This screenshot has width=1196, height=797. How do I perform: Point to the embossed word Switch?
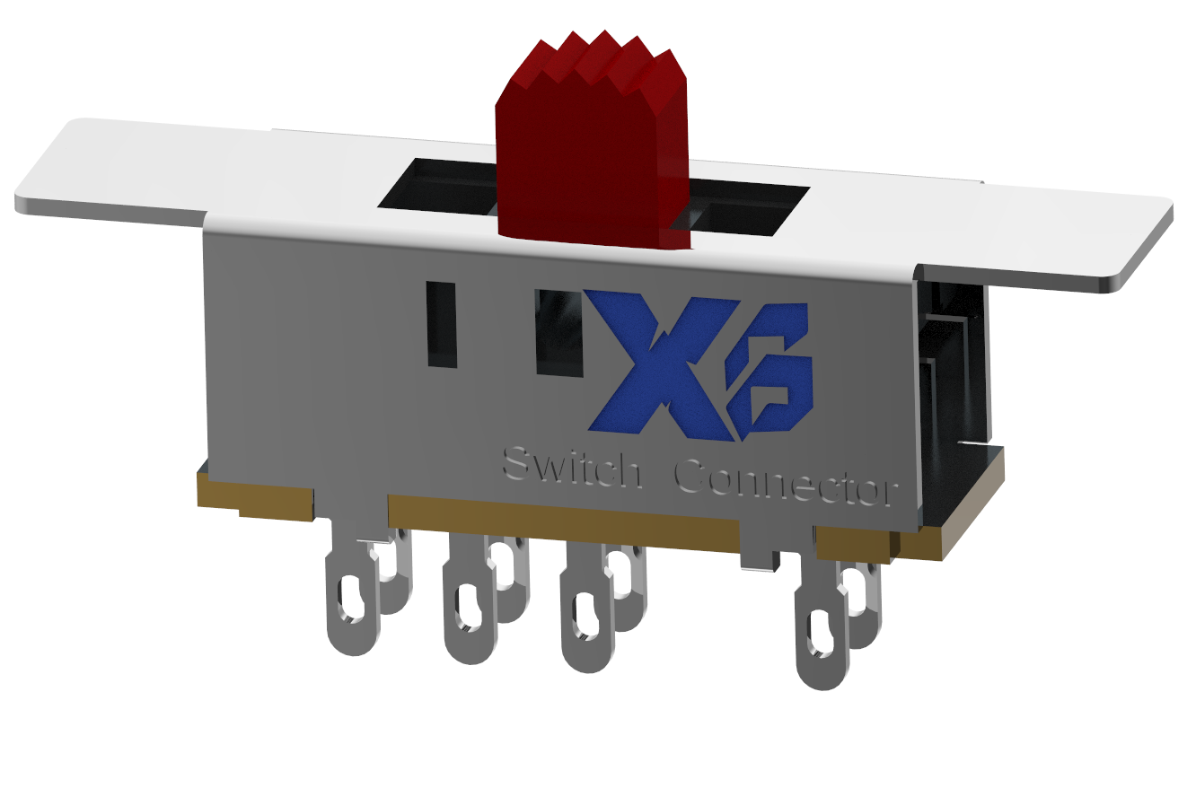point(571,466)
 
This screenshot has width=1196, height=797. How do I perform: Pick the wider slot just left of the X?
point(558,332)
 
